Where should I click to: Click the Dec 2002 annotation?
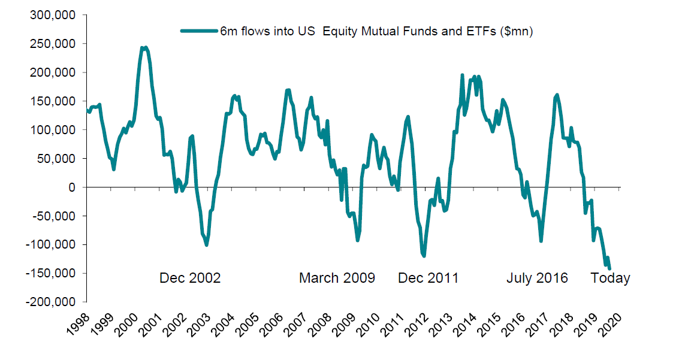click(x=190, y=278)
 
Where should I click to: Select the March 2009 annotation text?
click(x=337, y=278)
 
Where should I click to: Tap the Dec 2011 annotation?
click(x=428, y=278)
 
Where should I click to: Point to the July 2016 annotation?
click(x=537, y=278)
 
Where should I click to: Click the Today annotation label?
click(x=611, y=278)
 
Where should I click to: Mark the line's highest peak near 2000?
click(x=144, y=47)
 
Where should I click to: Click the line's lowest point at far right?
click(x=609, y=269)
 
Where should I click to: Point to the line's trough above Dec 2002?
click(x=206, y=244)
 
